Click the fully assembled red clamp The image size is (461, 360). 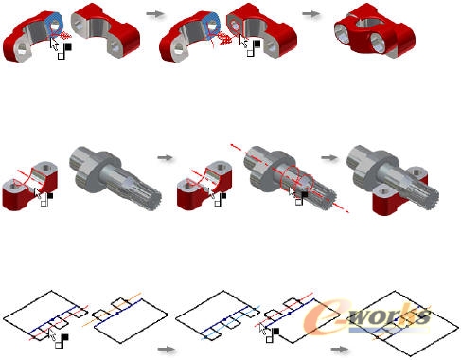pos(375,32)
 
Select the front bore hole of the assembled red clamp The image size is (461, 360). pos(379,43)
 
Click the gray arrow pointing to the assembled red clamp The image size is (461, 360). pos(311,14)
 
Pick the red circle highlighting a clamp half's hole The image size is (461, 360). pos(235,27)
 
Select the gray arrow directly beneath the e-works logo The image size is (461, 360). pos(340,350)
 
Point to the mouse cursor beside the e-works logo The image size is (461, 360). pos(262,329)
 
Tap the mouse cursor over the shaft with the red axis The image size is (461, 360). pos(293,191)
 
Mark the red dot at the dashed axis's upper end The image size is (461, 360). pos(232,145)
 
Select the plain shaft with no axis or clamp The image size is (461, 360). pos(115,177)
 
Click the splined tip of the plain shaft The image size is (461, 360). pos(151,199)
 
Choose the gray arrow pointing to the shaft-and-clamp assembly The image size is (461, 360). pos(329,157)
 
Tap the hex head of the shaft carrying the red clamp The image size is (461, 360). pos(361,160)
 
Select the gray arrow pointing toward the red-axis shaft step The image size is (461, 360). pos(166,157)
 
